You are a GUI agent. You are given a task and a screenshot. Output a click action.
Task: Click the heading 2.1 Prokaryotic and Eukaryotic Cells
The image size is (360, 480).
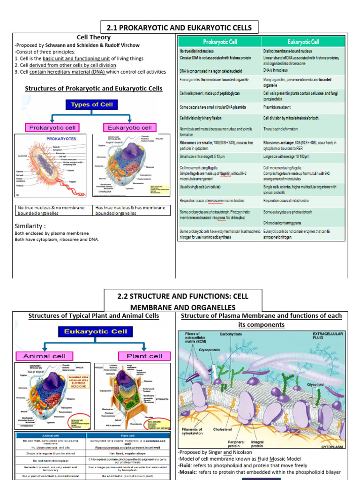[x=180, y=28]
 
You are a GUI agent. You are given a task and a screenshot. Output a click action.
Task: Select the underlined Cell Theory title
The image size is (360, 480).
[x=94, y=37]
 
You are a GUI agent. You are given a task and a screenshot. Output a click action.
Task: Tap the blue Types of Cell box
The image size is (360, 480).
[x=92, y=105]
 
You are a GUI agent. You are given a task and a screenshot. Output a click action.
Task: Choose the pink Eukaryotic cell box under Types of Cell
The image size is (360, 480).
[x=130, y=127]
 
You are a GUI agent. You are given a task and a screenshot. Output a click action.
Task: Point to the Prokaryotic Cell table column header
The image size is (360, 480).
[x=220, y=42]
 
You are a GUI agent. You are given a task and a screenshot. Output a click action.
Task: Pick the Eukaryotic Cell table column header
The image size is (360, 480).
[x=303, y=42]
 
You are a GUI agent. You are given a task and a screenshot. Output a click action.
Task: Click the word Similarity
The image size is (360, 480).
[x=30, y=226]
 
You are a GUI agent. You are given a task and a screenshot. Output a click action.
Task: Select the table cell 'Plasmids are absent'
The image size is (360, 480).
[x=282, y=107]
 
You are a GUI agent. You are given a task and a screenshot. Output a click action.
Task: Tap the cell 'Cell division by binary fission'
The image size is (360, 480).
[x=201, y=118]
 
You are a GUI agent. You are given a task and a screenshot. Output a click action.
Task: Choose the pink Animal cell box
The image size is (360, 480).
[x=45, y=356]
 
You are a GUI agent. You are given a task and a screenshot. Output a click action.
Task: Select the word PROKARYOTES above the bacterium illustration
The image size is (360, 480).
[x=61, y=139]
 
